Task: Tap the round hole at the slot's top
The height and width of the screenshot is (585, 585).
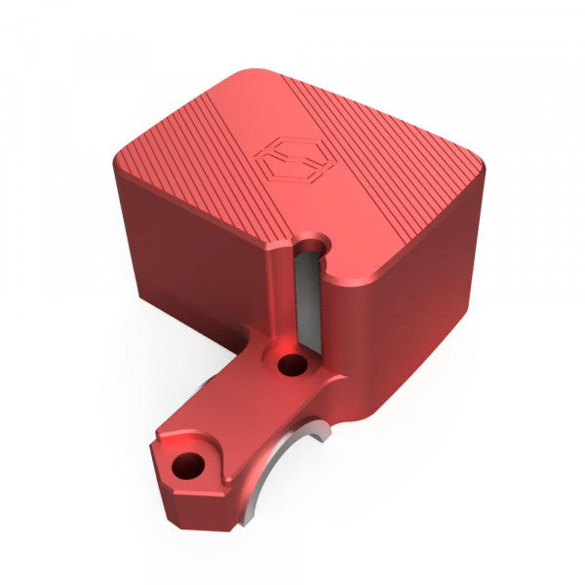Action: pos(311,242)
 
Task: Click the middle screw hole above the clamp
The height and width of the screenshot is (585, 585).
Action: pos(291,367)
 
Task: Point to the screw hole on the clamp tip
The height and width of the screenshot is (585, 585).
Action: pos(185,467)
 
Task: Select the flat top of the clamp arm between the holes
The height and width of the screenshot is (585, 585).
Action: pos(239,414)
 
